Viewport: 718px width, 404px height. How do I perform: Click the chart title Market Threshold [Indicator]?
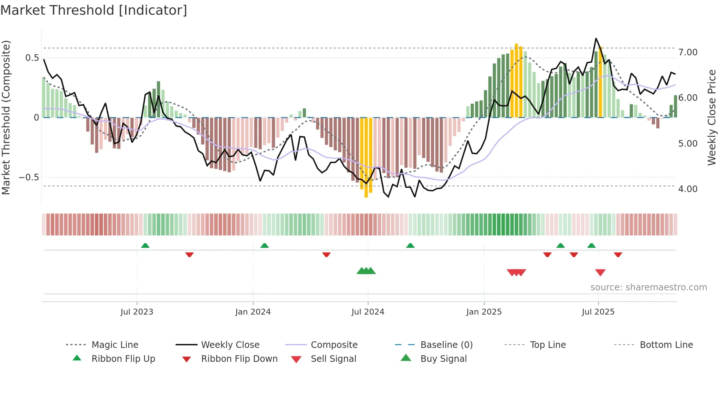[x=94, y=10]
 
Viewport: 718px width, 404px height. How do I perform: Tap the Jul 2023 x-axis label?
[x=137, y=312]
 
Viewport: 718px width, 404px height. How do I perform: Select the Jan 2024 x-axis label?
[x=253, y=312]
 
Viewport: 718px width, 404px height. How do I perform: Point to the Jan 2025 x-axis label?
[x=484, y=312]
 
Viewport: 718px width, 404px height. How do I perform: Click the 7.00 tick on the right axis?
[x=688, y=52]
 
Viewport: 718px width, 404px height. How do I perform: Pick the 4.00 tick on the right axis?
[x=688, y=189]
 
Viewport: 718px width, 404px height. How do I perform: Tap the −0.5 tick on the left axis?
[x=29, y=177]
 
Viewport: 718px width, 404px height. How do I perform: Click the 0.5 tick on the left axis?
[x=32, y=58]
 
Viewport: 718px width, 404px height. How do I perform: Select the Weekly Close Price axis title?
[x=711, y=117]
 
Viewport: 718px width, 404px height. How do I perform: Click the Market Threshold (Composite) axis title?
[x=6, y=117]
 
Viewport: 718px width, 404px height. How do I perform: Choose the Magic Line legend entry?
[x=115, y=345]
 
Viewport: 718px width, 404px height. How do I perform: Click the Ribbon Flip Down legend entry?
[x=239, y=359]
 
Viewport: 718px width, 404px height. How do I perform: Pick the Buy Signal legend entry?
[x=443, y=359]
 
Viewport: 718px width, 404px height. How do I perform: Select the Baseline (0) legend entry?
[x=446, y=345]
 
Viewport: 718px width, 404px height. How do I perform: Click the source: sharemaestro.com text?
[x=648, y=287]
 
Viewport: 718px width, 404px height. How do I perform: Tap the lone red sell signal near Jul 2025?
[x=600, y=272]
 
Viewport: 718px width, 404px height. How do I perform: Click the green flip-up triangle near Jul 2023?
[x=145, y=245]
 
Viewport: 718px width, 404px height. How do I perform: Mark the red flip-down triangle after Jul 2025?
[x=618, y=254]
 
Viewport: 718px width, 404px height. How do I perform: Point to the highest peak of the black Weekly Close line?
[x=596, y=38]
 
